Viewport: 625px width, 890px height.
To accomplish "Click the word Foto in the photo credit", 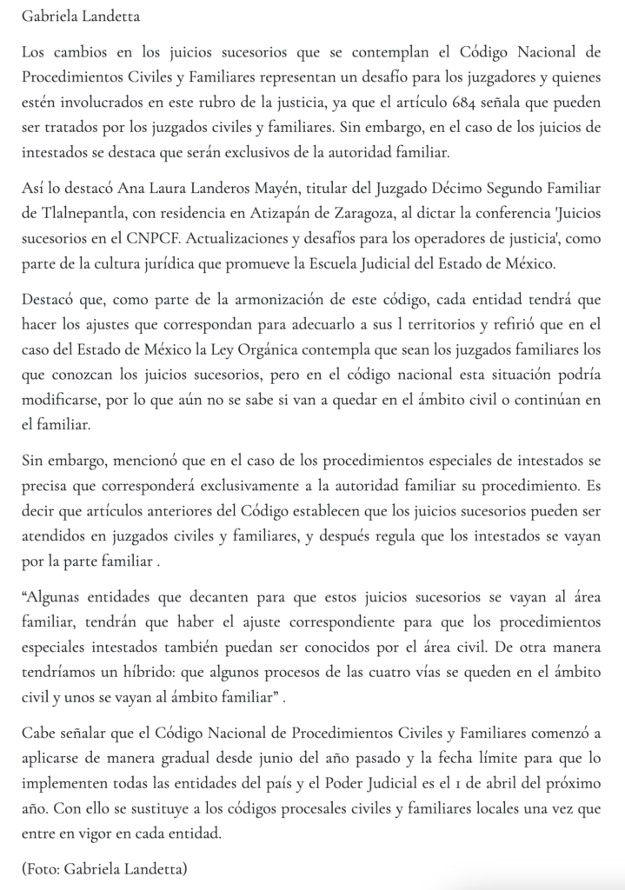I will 41,867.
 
